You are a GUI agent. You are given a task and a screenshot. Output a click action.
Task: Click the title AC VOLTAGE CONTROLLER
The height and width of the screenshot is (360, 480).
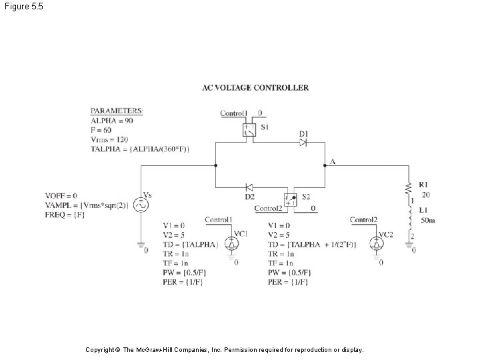pyautogui.click(x=255, y=87)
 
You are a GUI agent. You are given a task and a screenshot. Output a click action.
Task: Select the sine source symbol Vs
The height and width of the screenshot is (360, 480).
pyautogui.click(x=141, y=205)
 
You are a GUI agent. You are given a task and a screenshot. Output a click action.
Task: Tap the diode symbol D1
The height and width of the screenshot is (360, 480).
pyautogui.click(x=303, y=143)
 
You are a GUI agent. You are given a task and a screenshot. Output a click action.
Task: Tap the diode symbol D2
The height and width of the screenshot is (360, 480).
pyautogui.click(x=249, y=187)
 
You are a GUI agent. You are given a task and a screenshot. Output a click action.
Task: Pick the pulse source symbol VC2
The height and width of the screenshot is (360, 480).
pyautogui.click(x=380, y=244)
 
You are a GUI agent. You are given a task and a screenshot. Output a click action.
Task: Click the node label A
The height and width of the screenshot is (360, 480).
pyautogui.click(x=331, y=162)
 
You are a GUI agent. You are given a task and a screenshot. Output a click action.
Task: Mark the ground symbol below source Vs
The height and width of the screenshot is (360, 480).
pyautogui.click(x=141, y=249)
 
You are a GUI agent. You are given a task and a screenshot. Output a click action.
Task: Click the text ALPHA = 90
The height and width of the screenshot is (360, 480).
pyautogui.click(x=112, y=121)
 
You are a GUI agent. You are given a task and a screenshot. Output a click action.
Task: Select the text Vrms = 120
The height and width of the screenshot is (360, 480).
pyautogui.click(x=109, y=139)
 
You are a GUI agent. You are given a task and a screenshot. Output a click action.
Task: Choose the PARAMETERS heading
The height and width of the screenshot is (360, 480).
pyautogui.click(x=117, y=111)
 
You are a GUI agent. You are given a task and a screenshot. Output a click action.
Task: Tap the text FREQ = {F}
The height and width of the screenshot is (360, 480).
pyautogui.click(x=65, y=215)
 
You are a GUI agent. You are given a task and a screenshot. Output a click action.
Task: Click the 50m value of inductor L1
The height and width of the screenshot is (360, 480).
pyautogui.click(x=427, y=220)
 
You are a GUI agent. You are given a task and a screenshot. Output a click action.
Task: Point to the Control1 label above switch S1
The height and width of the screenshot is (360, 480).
pyautogui.click(x=234, y=113)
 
